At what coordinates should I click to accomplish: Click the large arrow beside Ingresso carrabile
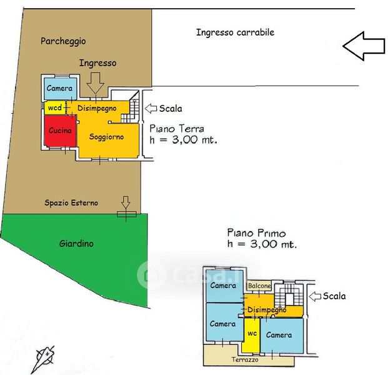pos(364,46)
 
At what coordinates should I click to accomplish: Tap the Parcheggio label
pos(63,41)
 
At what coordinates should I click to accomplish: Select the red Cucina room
pos(60,131)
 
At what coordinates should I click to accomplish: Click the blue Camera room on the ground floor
pos(60,89)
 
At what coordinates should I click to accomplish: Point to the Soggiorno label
pos(106,136)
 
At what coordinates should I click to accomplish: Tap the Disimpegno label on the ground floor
pos(98,108)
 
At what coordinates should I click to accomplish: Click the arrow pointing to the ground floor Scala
pos(151,108)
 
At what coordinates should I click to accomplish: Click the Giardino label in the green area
pos(77,243)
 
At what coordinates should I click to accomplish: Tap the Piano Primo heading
pos(256,233)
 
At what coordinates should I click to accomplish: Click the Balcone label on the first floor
pos(259,286)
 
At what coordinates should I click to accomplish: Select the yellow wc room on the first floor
pos(252,334)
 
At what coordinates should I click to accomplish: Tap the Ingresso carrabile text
pos(235,32)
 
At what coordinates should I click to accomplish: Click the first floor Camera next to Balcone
pos(223,286)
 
